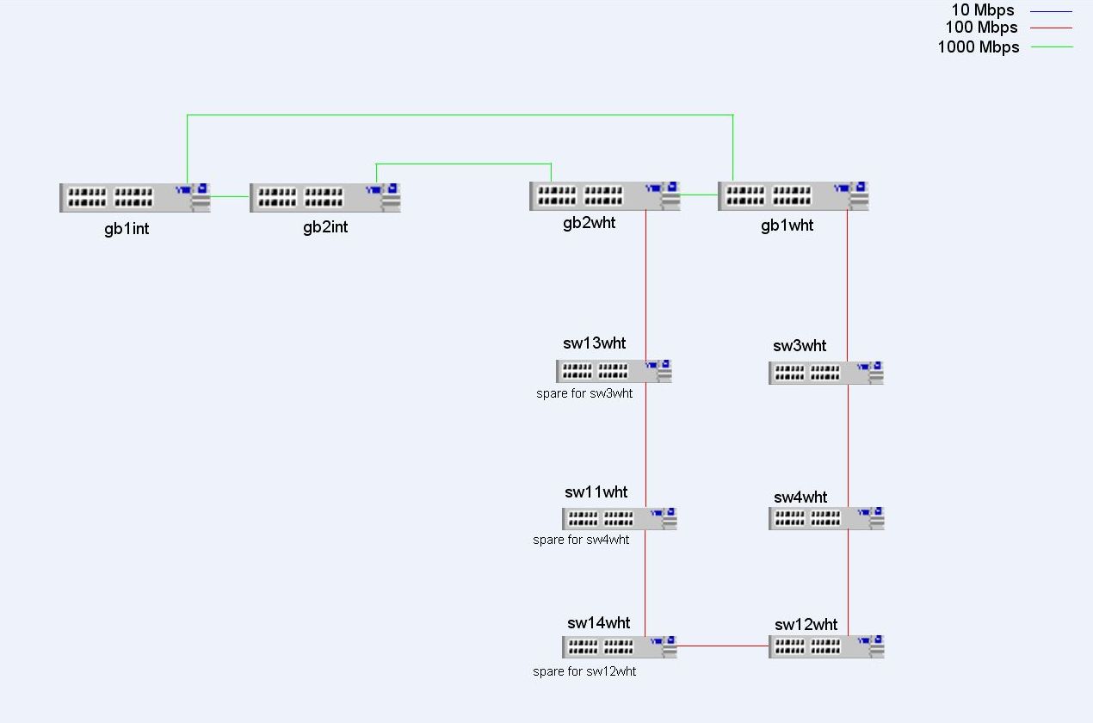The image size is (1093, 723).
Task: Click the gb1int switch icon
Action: (x=135, y=197)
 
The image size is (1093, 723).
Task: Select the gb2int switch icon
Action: (x=325, y=197)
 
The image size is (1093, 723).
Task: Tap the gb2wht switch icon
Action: (x=604, y=195)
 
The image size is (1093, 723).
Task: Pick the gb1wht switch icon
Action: (x=794, y=195)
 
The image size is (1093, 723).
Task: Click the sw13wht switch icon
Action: (x=614, y=371)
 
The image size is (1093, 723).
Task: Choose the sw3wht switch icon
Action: (x=826, y=372)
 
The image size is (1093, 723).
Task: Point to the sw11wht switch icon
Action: (x=620, y=518)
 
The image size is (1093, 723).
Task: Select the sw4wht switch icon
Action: (x=826, y=518)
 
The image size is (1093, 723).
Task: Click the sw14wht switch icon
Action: (x=620, y=646)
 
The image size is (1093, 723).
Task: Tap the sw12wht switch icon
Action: (x=826, y=646)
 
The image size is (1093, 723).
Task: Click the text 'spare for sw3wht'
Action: (x=584, y=393)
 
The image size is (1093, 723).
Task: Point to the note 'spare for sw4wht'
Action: (x=581, y=540)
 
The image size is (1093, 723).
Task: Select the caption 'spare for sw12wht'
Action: (x=584, y=671)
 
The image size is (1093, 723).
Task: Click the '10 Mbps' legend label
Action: (x=983, y=10)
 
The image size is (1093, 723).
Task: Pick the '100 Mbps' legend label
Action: (x=981, y=28)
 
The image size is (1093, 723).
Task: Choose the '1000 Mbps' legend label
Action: (x=979, y=46)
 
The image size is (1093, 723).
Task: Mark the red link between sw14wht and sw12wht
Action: (x=723, y=646)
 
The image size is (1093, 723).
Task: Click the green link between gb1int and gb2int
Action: (x=230, y=196)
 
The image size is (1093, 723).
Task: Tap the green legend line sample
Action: (x=1052, y=46)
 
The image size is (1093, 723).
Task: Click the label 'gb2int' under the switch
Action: (x=325, y=227)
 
